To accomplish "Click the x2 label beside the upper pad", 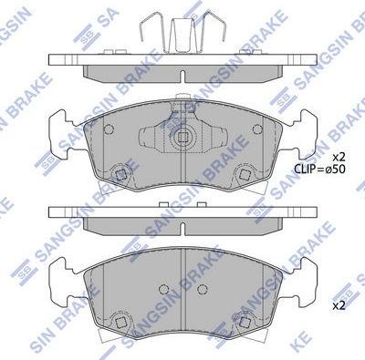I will coord(339,156).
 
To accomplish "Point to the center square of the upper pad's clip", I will coord(183,140).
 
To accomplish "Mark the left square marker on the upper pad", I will coord(120,175).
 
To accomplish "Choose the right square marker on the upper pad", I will coord(245,175).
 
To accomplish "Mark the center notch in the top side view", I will coord(183,76).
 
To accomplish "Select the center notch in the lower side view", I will coord(183,222).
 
